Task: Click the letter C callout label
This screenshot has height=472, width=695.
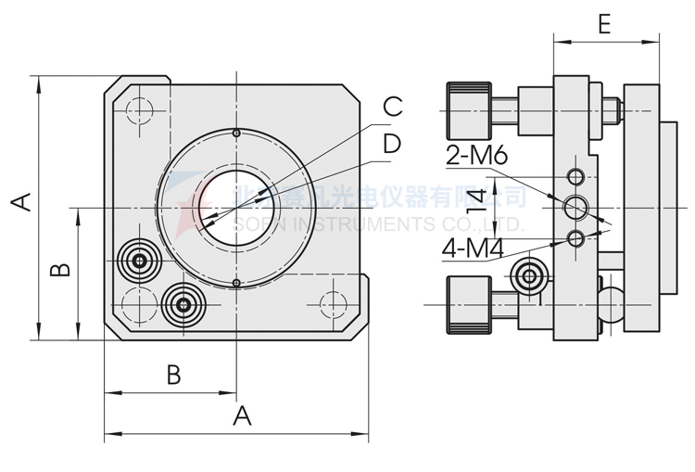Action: [392, 107]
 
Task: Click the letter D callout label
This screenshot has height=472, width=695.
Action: [392, 144]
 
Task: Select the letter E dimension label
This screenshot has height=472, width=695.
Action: [603, 24]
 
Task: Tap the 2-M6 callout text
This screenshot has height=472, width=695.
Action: [476, 156]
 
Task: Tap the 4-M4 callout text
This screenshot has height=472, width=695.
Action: [473, 250]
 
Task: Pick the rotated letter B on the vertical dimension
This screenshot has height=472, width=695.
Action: [58, 270]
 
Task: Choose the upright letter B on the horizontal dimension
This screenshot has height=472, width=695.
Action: [173, 375]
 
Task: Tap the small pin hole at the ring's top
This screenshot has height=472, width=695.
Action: [237, 134]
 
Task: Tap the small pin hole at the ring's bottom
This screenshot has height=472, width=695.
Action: [237, 283]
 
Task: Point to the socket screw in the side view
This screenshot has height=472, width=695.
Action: [531, 275]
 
